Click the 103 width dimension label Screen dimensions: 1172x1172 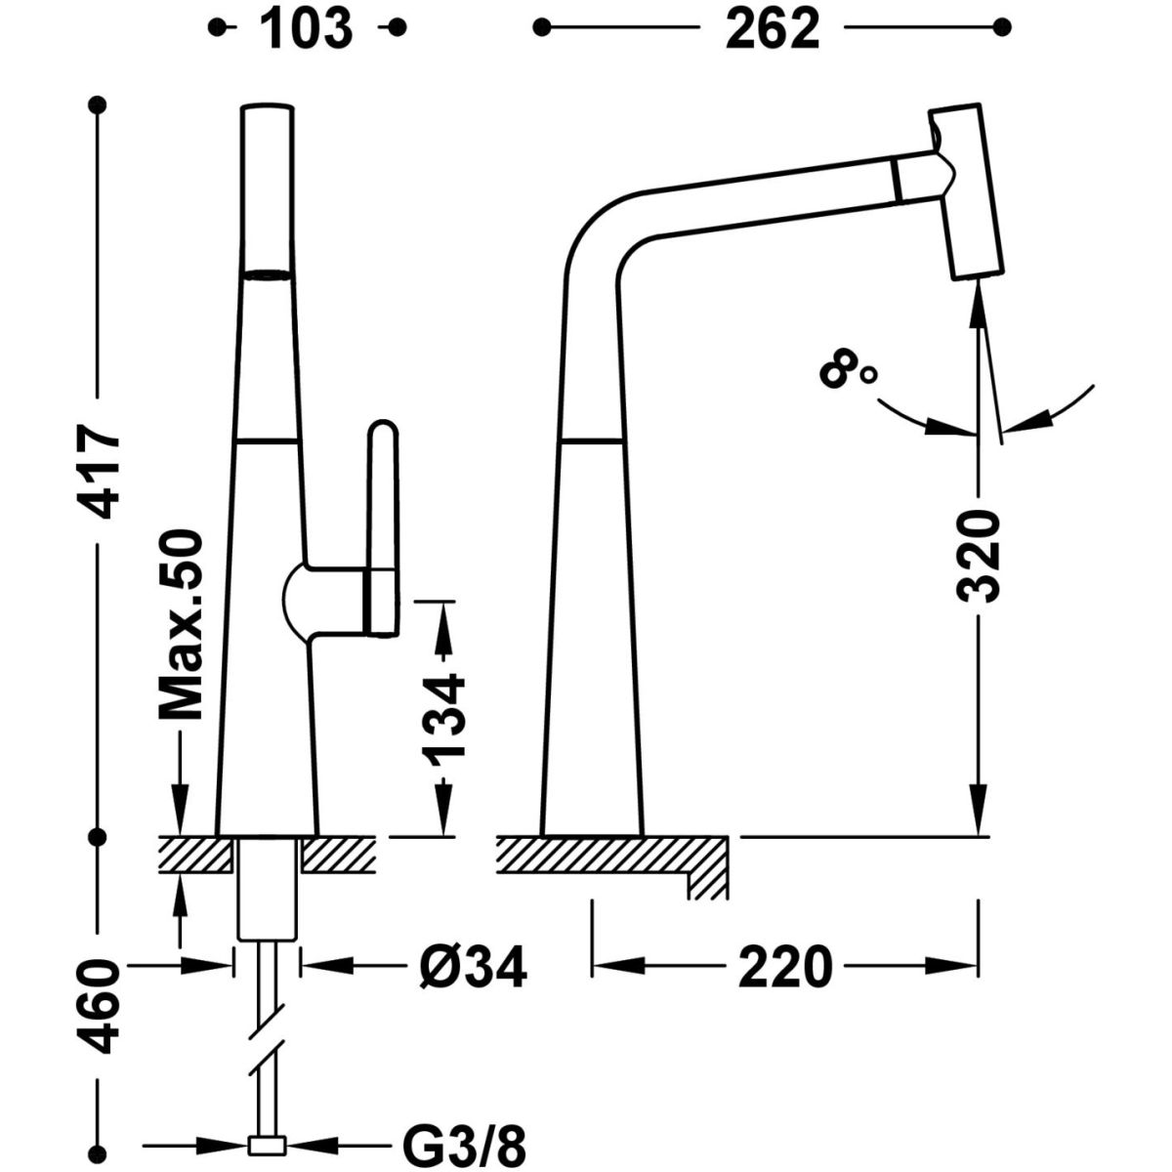coord(306,29)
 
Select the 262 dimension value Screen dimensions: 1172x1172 coord(771,29)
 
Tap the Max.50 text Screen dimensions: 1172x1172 coord(180,625)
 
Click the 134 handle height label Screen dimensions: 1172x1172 coord(444,718)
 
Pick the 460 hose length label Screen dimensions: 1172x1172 coord(99,1006)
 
